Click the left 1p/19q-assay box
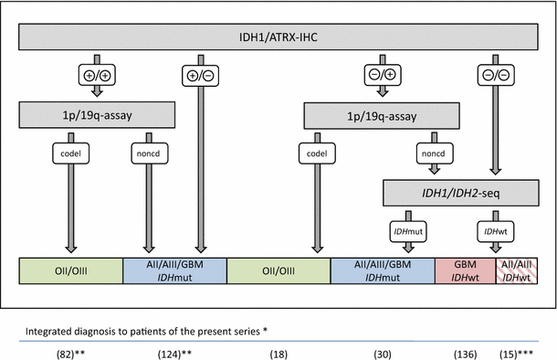(x=98, y=114)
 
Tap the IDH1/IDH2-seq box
(x=461, y=192)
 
